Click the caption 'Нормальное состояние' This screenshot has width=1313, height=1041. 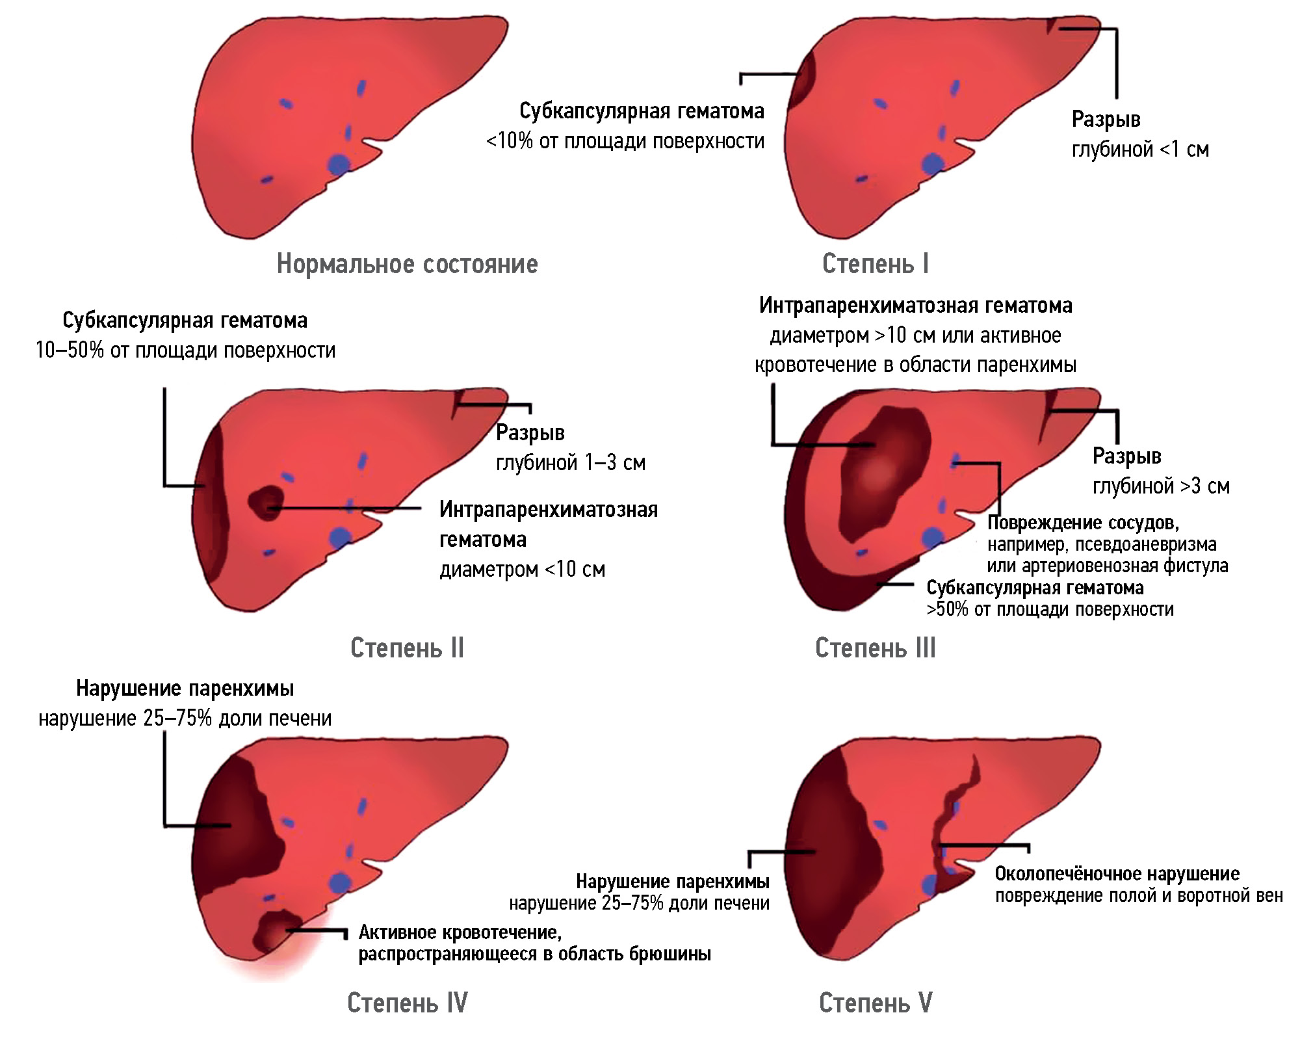[x=407, y=264]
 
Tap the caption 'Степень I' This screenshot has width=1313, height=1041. [x=875, y=264]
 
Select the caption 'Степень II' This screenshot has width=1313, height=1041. [x=407, y=648]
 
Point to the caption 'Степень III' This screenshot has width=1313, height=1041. [x=875, y=648]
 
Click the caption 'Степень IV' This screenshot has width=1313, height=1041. [x=407, y=1003]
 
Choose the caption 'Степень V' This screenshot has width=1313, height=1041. [x=875, y=1003]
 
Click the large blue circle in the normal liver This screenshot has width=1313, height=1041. [x=338, y=164]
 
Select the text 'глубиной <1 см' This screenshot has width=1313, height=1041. [x=1140, y=150]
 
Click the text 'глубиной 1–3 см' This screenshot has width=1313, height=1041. [x=570, y=463]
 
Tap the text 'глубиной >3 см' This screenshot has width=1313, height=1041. [x=1161, y=486]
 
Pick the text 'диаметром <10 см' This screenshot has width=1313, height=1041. [x=522, y=570]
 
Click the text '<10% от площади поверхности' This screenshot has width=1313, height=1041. [x=625, y=141]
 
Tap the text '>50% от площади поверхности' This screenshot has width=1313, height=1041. [x=1050, y=609]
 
